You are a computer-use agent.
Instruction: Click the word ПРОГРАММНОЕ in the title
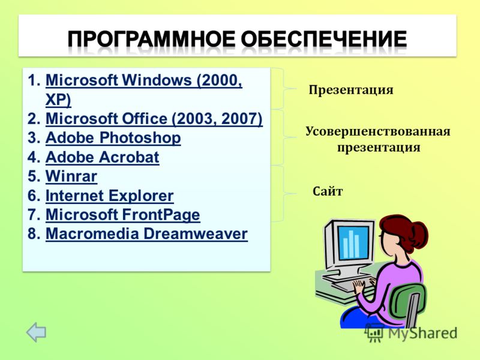coord(152,39)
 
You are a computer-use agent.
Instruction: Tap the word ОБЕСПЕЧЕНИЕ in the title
coord(324,39)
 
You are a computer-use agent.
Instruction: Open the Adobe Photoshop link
coord(113,138)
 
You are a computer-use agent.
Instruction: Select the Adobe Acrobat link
coord(102,157)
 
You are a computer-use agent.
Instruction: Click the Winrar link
coord(71,176)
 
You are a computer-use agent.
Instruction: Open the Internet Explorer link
coord(110,196)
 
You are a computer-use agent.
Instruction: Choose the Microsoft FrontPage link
coord(123,215)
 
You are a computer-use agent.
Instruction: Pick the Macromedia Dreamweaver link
coord(146,234)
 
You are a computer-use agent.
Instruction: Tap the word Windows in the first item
coord(157,80)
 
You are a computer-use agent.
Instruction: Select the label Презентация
coord(351,90)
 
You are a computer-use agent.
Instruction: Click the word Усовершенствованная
coord(378,131)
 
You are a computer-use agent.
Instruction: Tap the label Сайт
coord(328,191)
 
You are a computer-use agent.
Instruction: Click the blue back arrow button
coord(36,332)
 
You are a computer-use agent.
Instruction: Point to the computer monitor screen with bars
coord(353,242)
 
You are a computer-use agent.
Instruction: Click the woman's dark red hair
coord(404,231)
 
